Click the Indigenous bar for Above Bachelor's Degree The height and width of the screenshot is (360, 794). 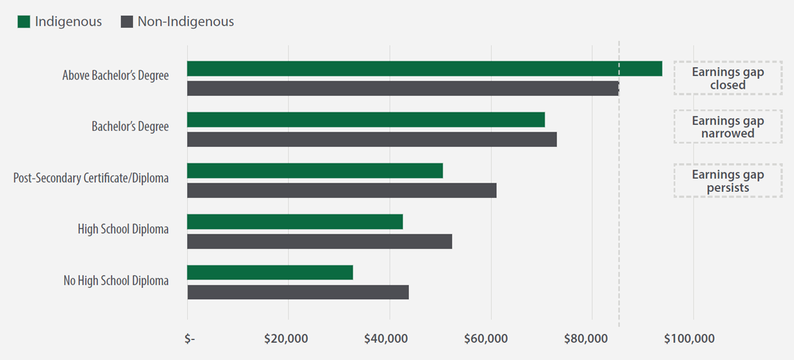pos(424,68)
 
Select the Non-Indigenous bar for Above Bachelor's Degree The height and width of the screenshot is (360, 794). pos(402,88)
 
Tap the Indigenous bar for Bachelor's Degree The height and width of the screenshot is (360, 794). pos(366,120)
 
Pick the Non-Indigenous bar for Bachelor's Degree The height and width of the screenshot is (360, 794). pos(372,139)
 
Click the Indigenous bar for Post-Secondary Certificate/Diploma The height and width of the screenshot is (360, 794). pos(315,171)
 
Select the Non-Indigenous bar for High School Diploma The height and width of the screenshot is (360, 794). pos(320,241)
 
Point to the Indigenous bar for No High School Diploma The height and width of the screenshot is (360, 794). pos(270,273)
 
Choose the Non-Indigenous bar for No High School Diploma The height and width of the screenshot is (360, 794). pos(298,292)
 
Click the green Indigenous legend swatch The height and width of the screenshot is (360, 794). pos(24,22)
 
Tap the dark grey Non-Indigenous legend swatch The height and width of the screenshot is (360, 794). pos(127,22)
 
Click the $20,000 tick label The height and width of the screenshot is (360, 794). pos(286,339)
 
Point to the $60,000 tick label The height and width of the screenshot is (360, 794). pos(488,339)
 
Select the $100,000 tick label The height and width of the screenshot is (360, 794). pos(692,339)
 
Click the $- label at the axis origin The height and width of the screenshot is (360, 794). pos(190,339)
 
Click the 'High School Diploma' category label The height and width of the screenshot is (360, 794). pos(123,230)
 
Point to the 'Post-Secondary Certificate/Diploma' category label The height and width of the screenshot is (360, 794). pos(91,179)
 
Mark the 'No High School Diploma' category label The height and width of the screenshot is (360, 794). pos(116,281)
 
